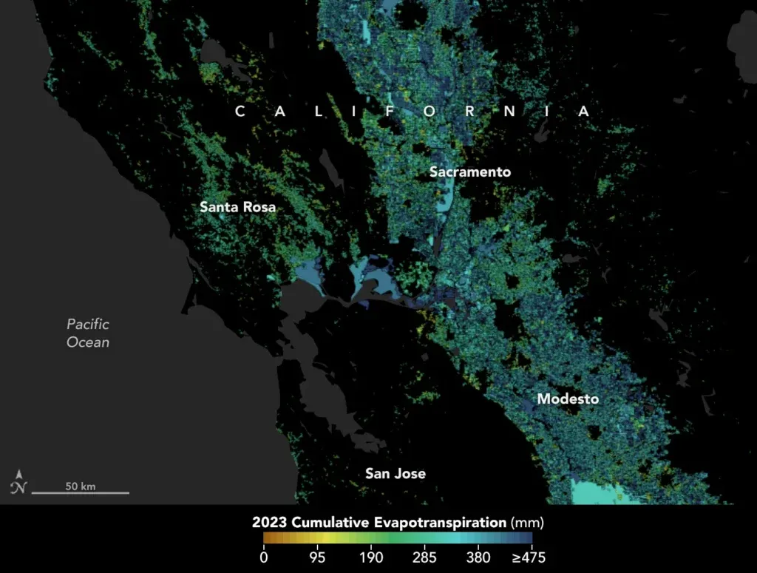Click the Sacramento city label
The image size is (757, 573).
click(470, 172)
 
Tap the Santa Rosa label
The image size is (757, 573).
click(237, 207)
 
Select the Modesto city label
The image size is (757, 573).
click(568, 399)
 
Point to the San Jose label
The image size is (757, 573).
click(396, 473)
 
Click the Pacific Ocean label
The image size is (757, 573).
click(88, 333)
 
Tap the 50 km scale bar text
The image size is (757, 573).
click(81, 486)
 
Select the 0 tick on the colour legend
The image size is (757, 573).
click(263, 557)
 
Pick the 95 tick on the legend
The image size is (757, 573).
click(317, 557)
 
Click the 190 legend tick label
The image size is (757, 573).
click(371, 557)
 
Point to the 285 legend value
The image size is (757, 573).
click(425, 557)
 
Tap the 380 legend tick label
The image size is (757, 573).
click(478, 557)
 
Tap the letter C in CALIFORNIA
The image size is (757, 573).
click(240, 112)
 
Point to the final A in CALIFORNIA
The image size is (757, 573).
click(584, 112)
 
